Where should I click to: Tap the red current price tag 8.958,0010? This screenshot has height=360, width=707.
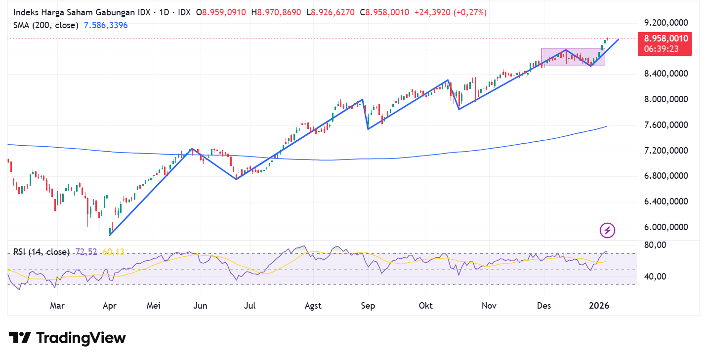(664, 39)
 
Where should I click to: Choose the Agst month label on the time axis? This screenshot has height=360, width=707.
(313, 306)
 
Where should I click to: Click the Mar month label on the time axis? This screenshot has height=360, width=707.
(57, 306)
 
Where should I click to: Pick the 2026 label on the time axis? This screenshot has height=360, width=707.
(599, 306)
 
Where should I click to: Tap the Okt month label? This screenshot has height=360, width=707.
(425, 306)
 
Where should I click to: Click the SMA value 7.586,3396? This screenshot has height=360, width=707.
(106, 25)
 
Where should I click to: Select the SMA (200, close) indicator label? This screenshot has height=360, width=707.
(46, 25)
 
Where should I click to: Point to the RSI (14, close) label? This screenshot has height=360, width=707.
(42, 252)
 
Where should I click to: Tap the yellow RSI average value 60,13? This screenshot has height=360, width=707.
(114, 252)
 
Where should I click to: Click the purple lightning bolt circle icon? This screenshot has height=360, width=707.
(607, 230)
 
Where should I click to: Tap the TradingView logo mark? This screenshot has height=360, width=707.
(20, 338)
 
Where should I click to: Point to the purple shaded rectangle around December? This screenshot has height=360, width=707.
(573, 57)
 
